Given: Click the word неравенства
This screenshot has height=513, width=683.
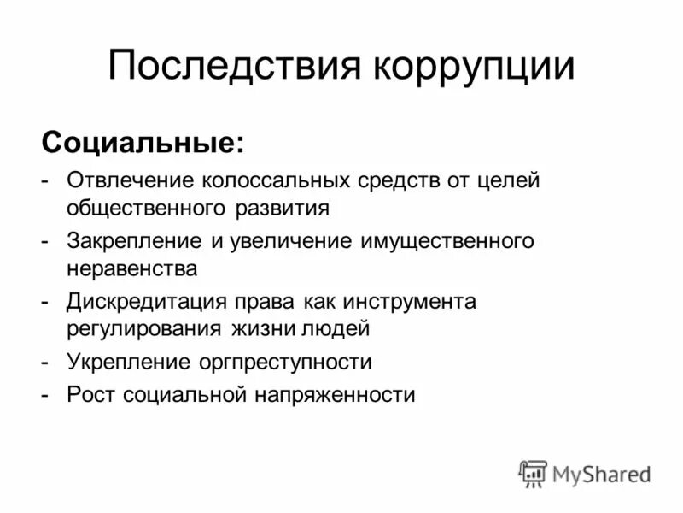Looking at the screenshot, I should click(132, 268).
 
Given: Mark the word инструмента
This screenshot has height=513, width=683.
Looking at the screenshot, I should click(410, 302).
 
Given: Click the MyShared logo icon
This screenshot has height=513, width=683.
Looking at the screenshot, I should click(533, 474).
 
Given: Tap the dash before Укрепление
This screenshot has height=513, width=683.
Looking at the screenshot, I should click(44, 363).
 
